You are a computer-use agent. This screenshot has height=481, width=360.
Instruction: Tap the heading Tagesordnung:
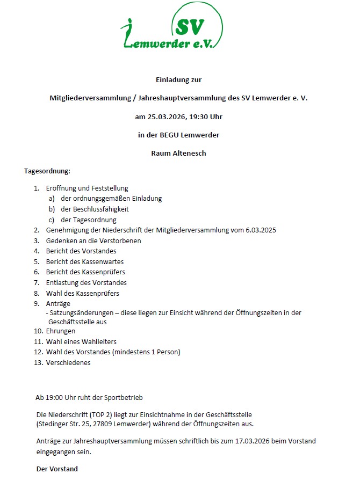(47, 172)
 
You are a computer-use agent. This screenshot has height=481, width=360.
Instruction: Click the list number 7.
(37, 282)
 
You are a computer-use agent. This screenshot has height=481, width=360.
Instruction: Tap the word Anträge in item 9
(58, 303)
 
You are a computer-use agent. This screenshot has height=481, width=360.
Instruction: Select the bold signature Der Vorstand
(57, 469)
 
